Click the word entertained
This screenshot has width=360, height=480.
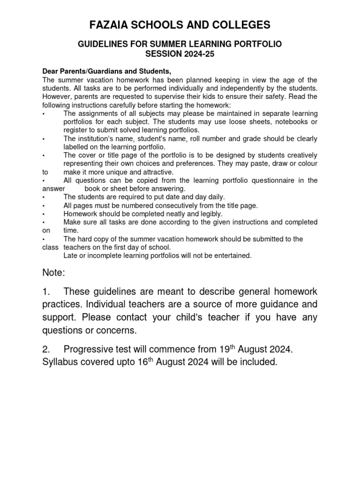pos(233,255)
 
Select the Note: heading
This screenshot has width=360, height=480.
pos(54,272)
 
